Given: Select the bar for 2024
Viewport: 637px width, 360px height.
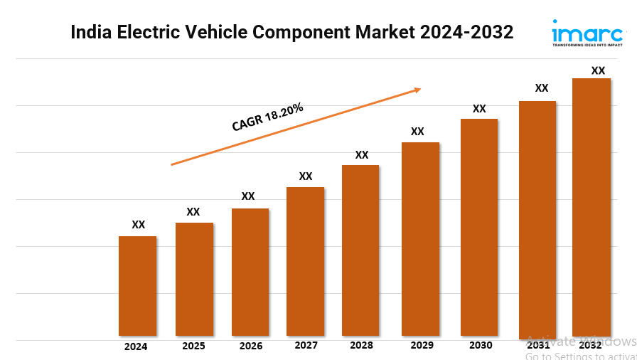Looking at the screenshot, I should tap(137, 286).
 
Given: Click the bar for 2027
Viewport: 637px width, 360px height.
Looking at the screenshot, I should tap(306, 261).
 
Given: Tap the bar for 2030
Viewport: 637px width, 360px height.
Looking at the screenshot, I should tap(479, 227).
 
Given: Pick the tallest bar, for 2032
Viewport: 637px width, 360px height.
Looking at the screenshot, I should tap(591, 206).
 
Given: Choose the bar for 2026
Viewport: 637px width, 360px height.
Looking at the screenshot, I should tap(250, 272).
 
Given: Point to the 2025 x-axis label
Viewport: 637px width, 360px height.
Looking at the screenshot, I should tap(193, 346).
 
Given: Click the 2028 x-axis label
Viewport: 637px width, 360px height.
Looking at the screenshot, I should tap(361, 345).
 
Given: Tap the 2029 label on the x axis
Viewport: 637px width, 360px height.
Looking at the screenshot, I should tap(422, 345).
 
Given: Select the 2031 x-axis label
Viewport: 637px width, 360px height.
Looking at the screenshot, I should tap(538, 345).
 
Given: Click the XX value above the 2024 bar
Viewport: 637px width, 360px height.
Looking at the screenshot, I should tap(138, 225).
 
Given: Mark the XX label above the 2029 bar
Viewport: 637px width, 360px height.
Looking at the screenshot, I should tap(417, 132).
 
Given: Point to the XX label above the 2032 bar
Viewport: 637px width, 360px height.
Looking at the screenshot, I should tap(599, 70).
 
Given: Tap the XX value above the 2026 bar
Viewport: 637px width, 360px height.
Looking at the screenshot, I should tap(248, 196).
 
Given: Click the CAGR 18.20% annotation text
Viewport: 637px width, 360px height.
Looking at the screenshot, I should tap(267, 117).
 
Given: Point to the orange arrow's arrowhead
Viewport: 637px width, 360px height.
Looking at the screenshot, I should tap(418, 90).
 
